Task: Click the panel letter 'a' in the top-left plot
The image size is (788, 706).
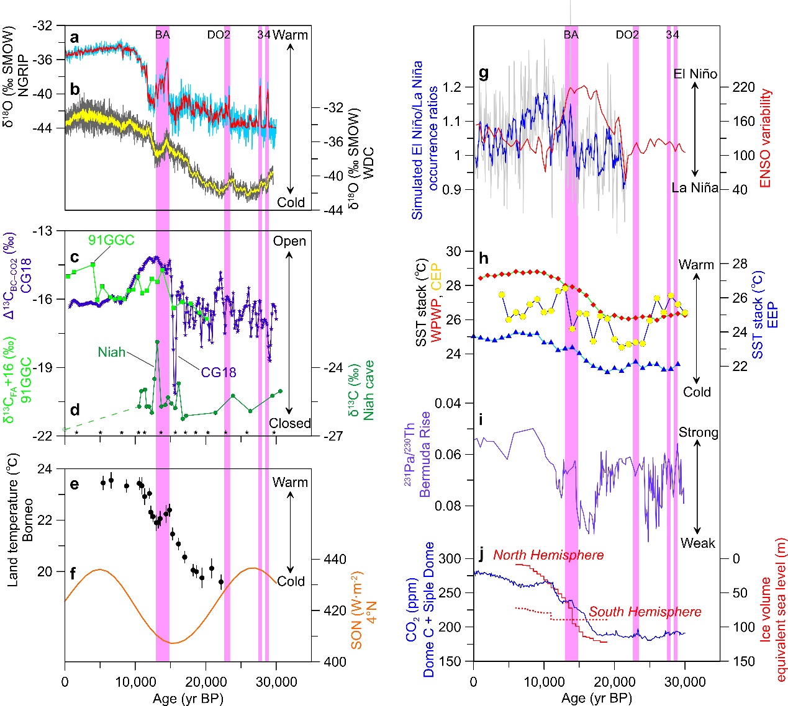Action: tap(75, 38)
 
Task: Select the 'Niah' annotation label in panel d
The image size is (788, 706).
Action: tap(111, 352)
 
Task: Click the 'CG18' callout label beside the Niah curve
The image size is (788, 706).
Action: tap(218, 372)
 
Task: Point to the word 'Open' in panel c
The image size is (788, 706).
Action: tap(289, 241)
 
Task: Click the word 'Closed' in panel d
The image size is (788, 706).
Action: tap(289, 423)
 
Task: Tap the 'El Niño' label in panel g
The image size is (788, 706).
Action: tap(695, 74)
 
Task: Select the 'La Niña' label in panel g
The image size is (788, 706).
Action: tap(695, 187)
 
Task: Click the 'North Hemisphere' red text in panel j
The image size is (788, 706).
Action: tap(548, 555)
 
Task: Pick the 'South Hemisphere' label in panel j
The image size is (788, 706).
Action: tap(645, 612)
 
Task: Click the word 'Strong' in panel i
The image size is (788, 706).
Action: tap(698, 432)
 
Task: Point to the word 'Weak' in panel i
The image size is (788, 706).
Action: tap(697, 543)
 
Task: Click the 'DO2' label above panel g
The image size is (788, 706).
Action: tap(627, 35)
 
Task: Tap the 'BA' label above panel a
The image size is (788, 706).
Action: tap(162, 35)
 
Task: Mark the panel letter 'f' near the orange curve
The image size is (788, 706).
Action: tap(73, 574)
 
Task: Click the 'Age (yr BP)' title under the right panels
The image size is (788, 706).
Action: tap(596, 698)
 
